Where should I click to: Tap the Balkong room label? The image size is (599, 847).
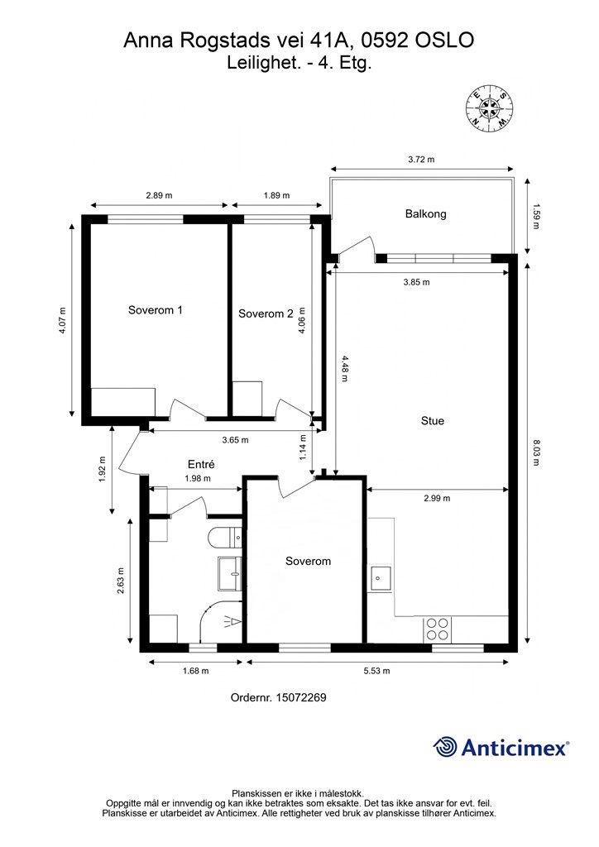[x=425, y=214]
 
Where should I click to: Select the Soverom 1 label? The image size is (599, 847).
[x=155, y=310]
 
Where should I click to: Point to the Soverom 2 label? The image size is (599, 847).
[x=266, y=313]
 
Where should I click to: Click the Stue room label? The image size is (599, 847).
[x=433, y=421]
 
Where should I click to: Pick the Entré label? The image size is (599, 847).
[x=202, y=464]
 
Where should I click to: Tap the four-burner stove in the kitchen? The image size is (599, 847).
[x=437, y=629]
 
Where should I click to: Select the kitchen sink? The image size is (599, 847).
[x=381, y=578]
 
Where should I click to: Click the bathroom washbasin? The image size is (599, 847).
[x=229, y=574]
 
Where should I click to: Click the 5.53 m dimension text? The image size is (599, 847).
[x=376, y=671]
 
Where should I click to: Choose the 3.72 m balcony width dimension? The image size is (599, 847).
[x=421, y=160]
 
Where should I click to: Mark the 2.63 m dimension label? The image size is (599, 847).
[x=121, y=581]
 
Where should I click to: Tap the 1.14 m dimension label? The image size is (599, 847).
[x=303, y=447]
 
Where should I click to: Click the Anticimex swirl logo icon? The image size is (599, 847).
[x=445, y=747]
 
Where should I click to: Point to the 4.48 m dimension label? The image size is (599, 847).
[x=344, y=368]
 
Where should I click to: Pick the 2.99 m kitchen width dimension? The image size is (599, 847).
[x=437, y=498]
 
